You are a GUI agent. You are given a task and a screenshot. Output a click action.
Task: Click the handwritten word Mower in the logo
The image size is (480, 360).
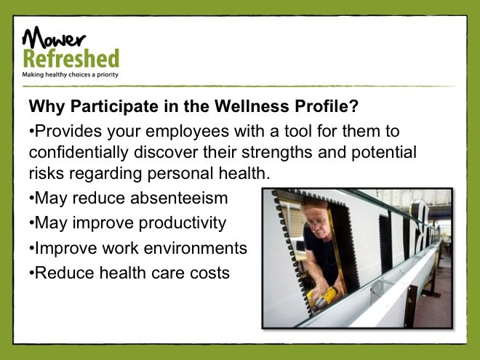[x=54, y=37]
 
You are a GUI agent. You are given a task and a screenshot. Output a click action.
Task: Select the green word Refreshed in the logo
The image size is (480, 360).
[x=71, y=59]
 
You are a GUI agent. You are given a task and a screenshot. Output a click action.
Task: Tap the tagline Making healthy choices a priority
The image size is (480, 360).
[x=70, y=75]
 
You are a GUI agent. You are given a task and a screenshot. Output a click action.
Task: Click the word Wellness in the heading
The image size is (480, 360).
[x=252, y=106]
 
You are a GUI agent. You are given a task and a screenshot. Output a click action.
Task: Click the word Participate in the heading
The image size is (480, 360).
[x=114, y=107]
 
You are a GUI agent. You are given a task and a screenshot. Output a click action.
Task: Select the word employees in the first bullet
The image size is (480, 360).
[x=188, y=132]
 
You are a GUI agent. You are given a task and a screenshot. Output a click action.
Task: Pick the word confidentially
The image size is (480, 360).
[x=79, y=153]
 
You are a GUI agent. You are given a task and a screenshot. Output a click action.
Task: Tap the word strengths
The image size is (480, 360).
[x=277, y=153]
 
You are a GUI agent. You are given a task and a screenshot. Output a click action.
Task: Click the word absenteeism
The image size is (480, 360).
[x=179, y=198]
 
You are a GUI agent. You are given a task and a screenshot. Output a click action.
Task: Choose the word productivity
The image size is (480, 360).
[x=183, y=223]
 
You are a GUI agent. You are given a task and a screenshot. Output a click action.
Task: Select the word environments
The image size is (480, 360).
[x=196, y=248]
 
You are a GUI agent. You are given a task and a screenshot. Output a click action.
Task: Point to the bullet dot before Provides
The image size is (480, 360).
[x=31, y=132]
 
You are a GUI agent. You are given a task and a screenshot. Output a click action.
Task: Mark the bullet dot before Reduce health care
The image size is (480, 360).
[x=31, y=273]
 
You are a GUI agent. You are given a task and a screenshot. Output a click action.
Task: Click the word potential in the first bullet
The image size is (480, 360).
[x=384, y=153]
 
